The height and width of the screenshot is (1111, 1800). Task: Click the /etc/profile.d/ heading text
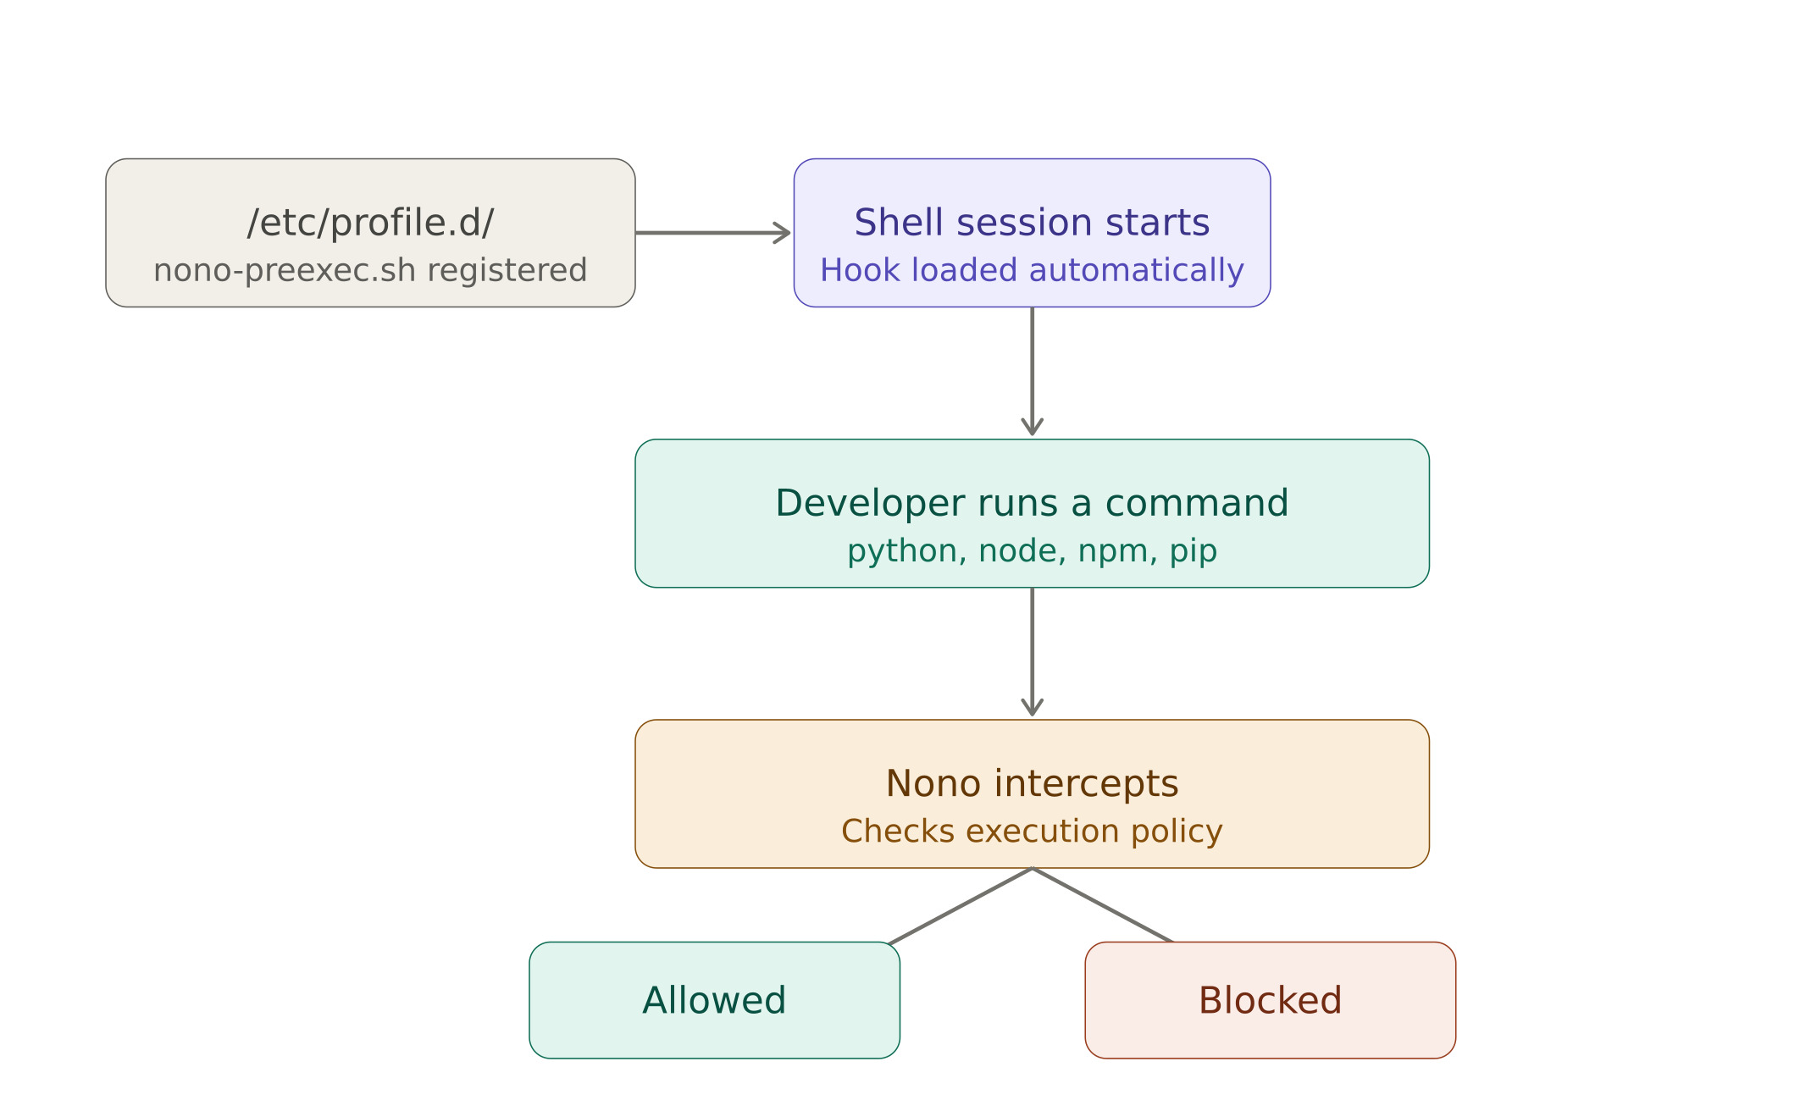coord(370,224)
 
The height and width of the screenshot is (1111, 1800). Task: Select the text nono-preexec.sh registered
coord(370,271)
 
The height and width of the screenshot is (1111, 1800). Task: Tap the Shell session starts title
coord(1032,224)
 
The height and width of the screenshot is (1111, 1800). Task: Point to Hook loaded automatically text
coord(1032,271)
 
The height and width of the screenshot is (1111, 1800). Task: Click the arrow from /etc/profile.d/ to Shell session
coord(712,233)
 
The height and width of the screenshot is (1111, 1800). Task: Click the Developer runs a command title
coord(1032,504)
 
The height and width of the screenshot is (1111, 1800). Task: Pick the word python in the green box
coord(901,552)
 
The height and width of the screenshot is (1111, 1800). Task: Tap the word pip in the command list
coord(1194,552)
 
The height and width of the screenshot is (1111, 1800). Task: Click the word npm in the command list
coord(1113,552)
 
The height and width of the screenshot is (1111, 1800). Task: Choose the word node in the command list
coord(1017,552)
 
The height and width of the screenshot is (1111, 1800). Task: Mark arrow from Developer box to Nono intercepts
coord(1032,652)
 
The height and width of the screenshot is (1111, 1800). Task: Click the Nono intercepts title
coord(1032,784)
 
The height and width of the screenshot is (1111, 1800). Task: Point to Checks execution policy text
coord(1032,832)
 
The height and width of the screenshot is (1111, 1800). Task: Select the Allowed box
coord(714,1000)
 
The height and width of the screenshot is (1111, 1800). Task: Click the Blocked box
coord(1270,1000)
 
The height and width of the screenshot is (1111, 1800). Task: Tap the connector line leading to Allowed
coord(961,905)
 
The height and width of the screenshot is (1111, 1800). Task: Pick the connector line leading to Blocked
coord(1103,905)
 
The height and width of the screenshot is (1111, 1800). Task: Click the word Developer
coord(870,504)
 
